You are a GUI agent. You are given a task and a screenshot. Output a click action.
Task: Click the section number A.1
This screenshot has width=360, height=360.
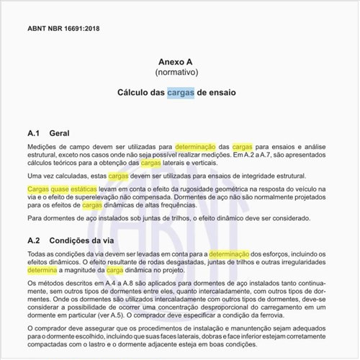tap(35, 133)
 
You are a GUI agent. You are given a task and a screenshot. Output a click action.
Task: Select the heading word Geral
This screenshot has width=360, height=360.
tap(59, 133)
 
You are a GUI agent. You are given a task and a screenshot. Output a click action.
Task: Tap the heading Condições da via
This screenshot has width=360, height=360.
tap(90, 240)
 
